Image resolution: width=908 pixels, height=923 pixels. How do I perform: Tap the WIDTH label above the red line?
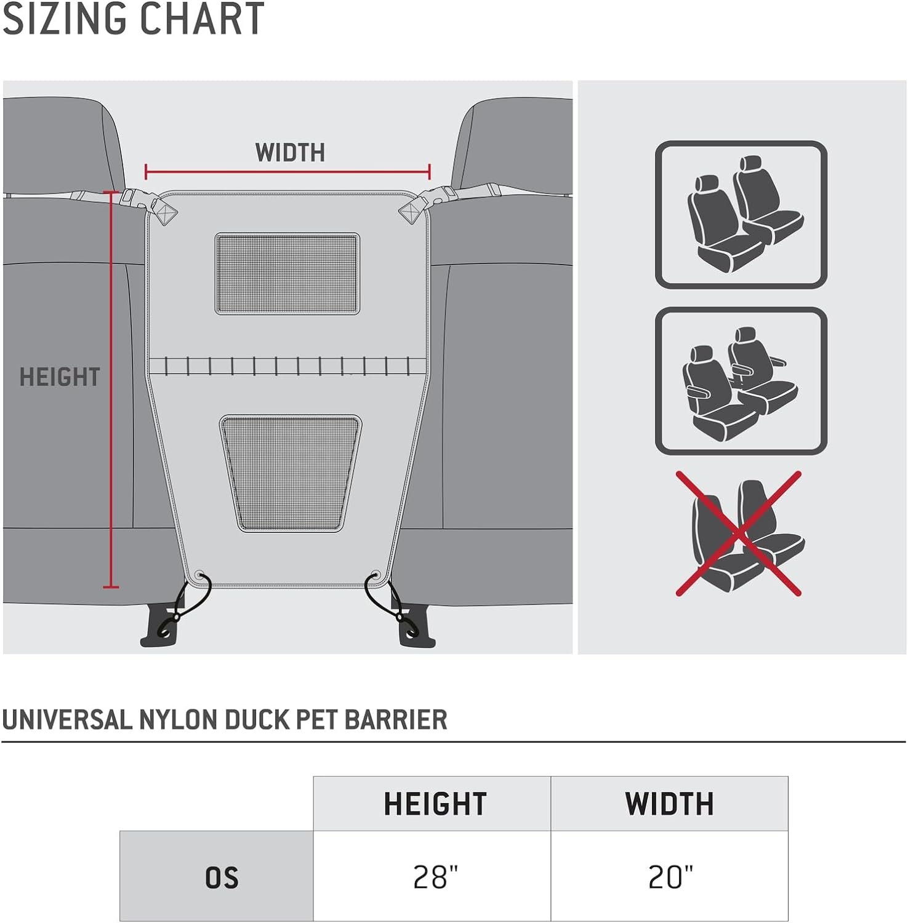click(290, 153)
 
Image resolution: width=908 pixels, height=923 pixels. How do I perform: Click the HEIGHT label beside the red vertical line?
click(60, 377)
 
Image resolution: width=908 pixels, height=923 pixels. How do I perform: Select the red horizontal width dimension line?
click(287, 172)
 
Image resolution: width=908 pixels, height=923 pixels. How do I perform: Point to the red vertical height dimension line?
click(111, 390)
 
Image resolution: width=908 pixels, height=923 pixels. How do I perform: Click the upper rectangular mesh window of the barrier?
click(287, 273)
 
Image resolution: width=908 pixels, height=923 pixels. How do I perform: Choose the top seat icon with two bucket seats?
click(741, 215)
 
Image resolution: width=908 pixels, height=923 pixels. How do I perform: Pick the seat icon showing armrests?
click(741, 381)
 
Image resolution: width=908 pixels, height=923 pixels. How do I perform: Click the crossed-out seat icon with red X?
click(739, 534)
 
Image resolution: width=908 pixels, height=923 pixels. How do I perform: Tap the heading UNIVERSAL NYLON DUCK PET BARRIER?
click(225, 719)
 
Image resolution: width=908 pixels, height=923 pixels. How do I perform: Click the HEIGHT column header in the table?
click(435, 804)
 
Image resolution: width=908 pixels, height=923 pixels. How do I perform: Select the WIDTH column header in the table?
click(670, 804)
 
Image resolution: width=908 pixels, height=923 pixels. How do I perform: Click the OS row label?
click(222, 877)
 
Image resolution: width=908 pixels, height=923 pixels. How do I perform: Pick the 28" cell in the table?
click(435, 877)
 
